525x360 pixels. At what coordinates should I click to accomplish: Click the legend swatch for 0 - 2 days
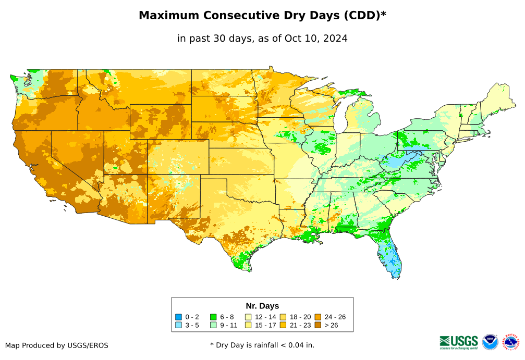click(178, 317)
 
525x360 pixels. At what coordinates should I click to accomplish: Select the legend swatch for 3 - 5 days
click(178, 325)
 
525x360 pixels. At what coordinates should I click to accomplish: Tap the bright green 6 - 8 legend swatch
click(213, 317)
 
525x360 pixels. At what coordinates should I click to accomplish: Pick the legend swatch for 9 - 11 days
click(213, 325)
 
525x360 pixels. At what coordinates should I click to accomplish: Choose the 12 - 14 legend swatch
click(248, 317)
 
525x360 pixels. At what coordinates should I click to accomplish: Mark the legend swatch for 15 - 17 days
click(248, 325)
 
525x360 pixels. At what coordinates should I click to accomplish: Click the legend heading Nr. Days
click(262, 306)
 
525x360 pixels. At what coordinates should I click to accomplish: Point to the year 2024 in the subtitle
click(335, 39)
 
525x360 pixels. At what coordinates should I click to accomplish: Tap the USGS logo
click(459, 342)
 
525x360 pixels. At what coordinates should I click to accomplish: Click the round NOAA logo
click(490, 342)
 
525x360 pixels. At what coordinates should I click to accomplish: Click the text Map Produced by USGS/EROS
click(57, 345)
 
